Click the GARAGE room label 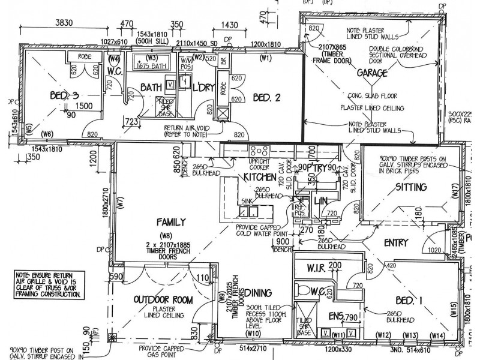pos(371,73)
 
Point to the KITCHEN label pos(259,178)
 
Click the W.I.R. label pos(316,266)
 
